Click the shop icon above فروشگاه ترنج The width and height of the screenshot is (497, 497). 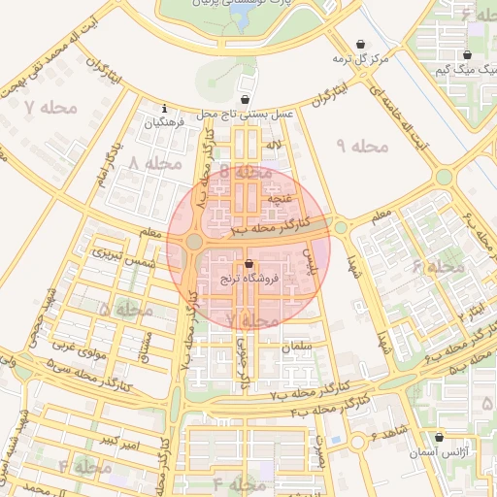[249, 263]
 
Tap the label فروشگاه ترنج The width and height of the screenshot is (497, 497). [249, 278]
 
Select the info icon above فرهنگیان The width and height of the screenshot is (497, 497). [165, 109]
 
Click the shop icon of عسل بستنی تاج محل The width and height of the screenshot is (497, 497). [245, 100]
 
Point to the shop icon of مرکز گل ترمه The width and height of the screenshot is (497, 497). [362, 45]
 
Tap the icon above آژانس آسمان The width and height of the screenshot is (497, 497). [441, 438]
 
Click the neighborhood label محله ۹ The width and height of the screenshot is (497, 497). [361, 146]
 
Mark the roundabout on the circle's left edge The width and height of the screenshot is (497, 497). [193, 242]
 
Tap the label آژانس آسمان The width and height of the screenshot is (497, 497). [449, 453]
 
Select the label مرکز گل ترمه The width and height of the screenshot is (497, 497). [360, 59]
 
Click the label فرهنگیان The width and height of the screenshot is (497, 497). [164, 123]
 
